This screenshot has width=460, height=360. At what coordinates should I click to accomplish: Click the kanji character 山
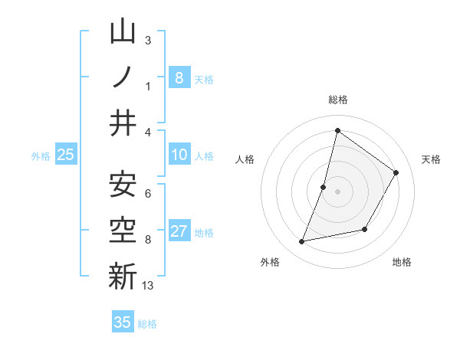123,32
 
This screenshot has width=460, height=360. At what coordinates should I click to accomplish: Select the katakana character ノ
123,77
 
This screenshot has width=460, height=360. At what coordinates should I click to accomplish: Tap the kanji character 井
123,123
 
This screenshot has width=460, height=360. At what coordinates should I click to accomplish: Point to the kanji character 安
123,185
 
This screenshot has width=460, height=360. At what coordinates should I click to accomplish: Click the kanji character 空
123,230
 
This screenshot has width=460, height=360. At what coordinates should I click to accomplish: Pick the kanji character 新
123,277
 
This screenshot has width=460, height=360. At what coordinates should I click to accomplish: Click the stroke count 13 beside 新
148,286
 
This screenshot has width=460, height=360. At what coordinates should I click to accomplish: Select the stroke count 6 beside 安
148,193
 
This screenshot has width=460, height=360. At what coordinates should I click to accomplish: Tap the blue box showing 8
179,77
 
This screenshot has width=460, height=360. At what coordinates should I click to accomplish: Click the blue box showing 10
179,155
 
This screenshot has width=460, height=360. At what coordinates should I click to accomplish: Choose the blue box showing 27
179,231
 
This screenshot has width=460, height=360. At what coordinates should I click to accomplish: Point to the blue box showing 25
65,155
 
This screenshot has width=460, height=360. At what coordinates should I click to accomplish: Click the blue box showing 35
123,322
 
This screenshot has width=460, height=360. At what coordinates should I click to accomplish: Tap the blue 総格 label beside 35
147,324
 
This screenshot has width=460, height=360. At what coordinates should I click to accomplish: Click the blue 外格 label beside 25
41,156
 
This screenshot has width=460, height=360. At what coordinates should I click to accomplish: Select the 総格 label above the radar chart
337,100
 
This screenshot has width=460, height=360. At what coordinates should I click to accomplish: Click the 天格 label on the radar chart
431,159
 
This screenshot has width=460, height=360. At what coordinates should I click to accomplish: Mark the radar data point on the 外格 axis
302,242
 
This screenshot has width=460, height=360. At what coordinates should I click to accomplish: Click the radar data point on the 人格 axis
324,187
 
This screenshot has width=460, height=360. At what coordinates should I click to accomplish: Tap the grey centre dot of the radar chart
337,191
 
